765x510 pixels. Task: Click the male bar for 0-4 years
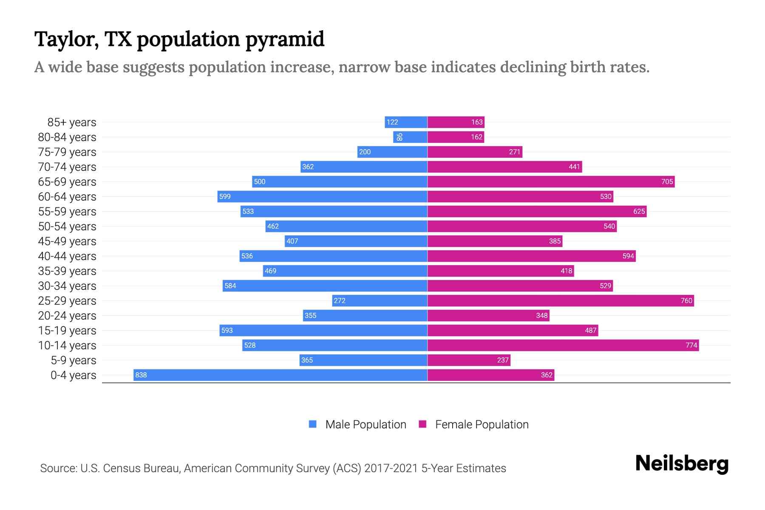(x=280, y=375)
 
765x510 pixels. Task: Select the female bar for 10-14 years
(x=563, y=345)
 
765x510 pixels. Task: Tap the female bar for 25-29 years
(x=561, y=300)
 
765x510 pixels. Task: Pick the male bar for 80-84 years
(x=410, y=137)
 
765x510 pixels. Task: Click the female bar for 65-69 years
(x=551, y=181)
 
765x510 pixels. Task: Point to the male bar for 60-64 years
(x=322, y=196)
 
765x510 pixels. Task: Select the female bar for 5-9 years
(x=469, y=360)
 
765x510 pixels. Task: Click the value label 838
(x=141, y=375)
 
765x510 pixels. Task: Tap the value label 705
(x=667, y=181)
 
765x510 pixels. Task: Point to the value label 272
(x=340, y=300)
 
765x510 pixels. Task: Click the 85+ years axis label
(x=72, y=122)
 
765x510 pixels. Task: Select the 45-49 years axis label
(x=67, y=241)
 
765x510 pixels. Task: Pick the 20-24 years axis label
(x=67, y=316)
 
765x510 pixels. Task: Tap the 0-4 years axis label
(x=73, y=375)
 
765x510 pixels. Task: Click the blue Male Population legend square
(x=313, y=424)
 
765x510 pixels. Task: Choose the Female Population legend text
(x=482, y=425)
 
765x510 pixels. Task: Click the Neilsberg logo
(x=682, y=464)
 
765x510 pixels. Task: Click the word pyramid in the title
(x=285, y=40)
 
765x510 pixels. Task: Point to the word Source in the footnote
(x=58, y=468)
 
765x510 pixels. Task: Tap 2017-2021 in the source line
(x=391, y=468)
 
